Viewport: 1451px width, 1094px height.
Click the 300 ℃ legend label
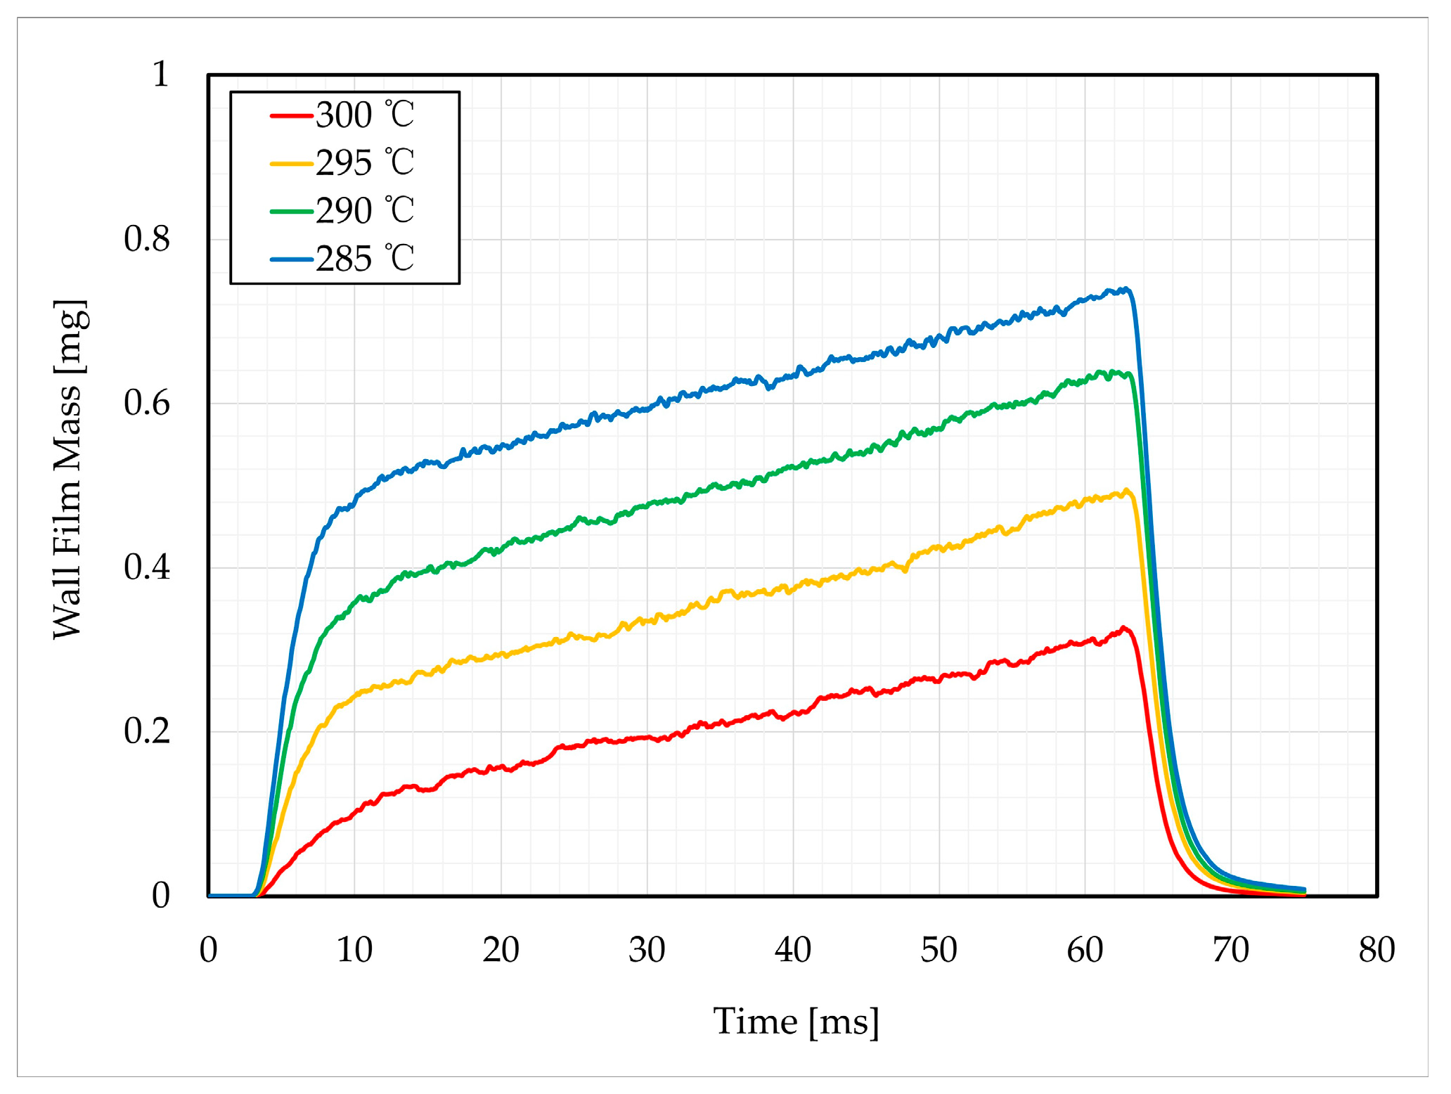coord(365,115)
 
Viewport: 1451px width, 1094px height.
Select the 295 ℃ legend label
coord(365,163)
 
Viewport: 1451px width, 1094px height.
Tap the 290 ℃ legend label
coord(365,211)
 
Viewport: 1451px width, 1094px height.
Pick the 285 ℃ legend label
coord(365,259)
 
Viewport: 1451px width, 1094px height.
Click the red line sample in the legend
coord(291,115)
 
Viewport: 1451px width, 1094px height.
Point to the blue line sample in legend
coord(291,259)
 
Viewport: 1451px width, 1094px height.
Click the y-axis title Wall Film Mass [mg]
coord(70,470)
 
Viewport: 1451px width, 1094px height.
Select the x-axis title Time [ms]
coord(796,1021)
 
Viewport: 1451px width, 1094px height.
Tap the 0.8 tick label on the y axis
coord(147,239)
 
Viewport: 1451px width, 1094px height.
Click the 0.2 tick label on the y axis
coord(147,731)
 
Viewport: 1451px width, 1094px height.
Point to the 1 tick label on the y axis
coord(161,74)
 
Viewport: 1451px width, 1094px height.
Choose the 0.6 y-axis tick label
coord(147,404)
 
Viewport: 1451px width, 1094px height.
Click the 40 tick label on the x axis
coord(793,950)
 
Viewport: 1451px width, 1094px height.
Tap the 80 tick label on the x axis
coord(1376,950)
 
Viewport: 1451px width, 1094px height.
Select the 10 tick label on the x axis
coord(354,950)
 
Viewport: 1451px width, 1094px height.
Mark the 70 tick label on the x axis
coord(1231,950)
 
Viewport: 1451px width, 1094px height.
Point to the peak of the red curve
coord(1124,627)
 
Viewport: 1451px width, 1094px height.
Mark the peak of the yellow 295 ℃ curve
coord(1126,490)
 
